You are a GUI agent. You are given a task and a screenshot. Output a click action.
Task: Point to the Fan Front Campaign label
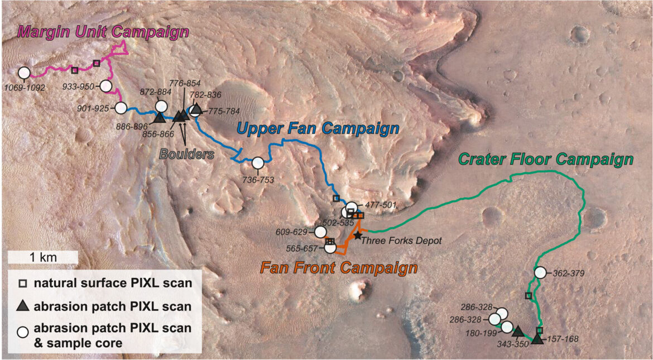(338, 268)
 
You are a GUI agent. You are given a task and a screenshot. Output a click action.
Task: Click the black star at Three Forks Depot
(357, 236)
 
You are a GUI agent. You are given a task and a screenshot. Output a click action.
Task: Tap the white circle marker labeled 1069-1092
(24, 73)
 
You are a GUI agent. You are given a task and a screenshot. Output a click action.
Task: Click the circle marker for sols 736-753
(258, 163)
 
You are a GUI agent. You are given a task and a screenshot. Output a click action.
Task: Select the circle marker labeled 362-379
(540, 272)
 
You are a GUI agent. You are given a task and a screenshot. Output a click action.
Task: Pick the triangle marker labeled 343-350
(517, 331)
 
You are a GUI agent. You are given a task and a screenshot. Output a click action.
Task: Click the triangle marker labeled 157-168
(537, 338)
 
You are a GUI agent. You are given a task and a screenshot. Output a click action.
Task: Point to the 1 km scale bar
(42, 257)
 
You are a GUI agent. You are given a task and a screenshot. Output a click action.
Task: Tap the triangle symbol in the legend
(22, 306)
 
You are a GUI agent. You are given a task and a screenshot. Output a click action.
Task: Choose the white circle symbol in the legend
(22, 330)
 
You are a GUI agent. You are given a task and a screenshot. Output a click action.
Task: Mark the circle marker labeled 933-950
(106, 87)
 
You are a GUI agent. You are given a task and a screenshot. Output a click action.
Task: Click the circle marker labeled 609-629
(320, 232)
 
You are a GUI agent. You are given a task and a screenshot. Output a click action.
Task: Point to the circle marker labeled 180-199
(507, 327)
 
